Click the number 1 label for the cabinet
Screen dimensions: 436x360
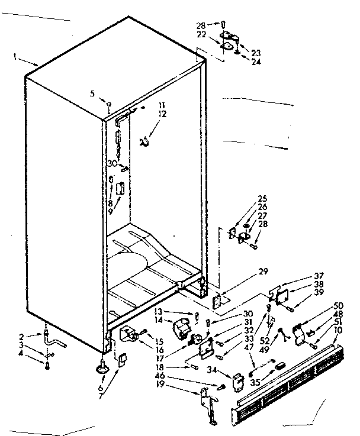14,57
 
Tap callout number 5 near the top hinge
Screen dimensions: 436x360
93,93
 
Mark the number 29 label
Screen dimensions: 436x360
263,272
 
